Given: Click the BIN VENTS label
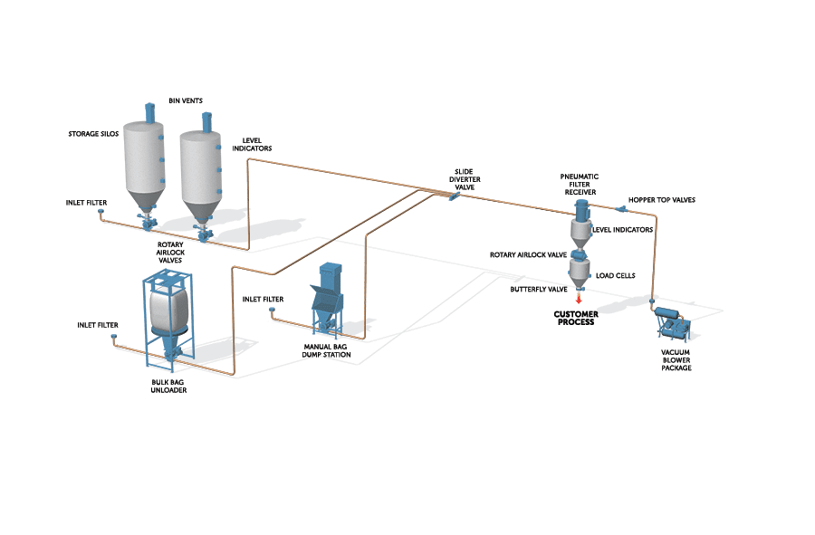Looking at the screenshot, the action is pyautogui.click(x=186, y=100).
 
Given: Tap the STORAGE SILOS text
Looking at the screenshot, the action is pyautogui.click(x=93, y=134).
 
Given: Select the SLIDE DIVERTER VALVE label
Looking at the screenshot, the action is pyautogui.click(x=465, y=179).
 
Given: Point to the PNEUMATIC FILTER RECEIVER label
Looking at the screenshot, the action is pyautogui.click(x=580, y=185).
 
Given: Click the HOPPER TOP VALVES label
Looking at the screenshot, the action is pyautogui.click(x=662, y=200).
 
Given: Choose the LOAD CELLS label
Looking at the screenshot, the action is pyautogui.click(x=616, y=276).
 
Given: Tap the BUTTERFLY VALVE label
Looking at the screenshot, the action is pyautogui.click(x=539, y=290).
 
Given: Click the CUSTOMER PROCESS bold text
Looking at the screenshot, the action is pyautogui.click(x=576, y=318).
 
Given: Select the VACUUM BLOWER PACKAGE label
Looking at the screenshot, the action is pyautogui.click(x=676, y=360).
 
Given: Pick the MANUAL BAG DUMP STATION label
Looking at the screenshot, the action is pyautogui.click(x=326, y=350).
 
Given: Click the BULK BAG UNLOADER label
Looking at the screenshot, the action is pyautogui.click(x=168, y=386).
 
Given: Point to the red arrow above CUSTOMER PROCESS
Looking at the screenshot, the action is pyautogui.click(x=579, y=300).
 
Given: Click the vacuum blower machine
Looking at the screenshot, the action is pyautogui.click(x=673, y=323).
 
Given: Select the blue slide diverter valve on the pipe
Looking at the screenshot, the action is pyautogui.click(x=454, y=196).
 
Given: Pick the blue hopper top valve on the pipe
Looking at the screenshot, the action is pyautogui.click(x=620, y=209).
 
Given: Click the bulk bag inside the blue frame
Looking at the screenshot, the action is pyautogui.click(x=169, y=309).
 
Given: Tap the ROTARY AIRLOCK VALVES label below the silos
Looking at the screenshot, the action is pyautogui.click(x=170, y=253).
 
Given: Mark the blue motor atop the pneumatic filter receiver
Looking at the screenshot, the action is pyautogui.click(x=581, y=209).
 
